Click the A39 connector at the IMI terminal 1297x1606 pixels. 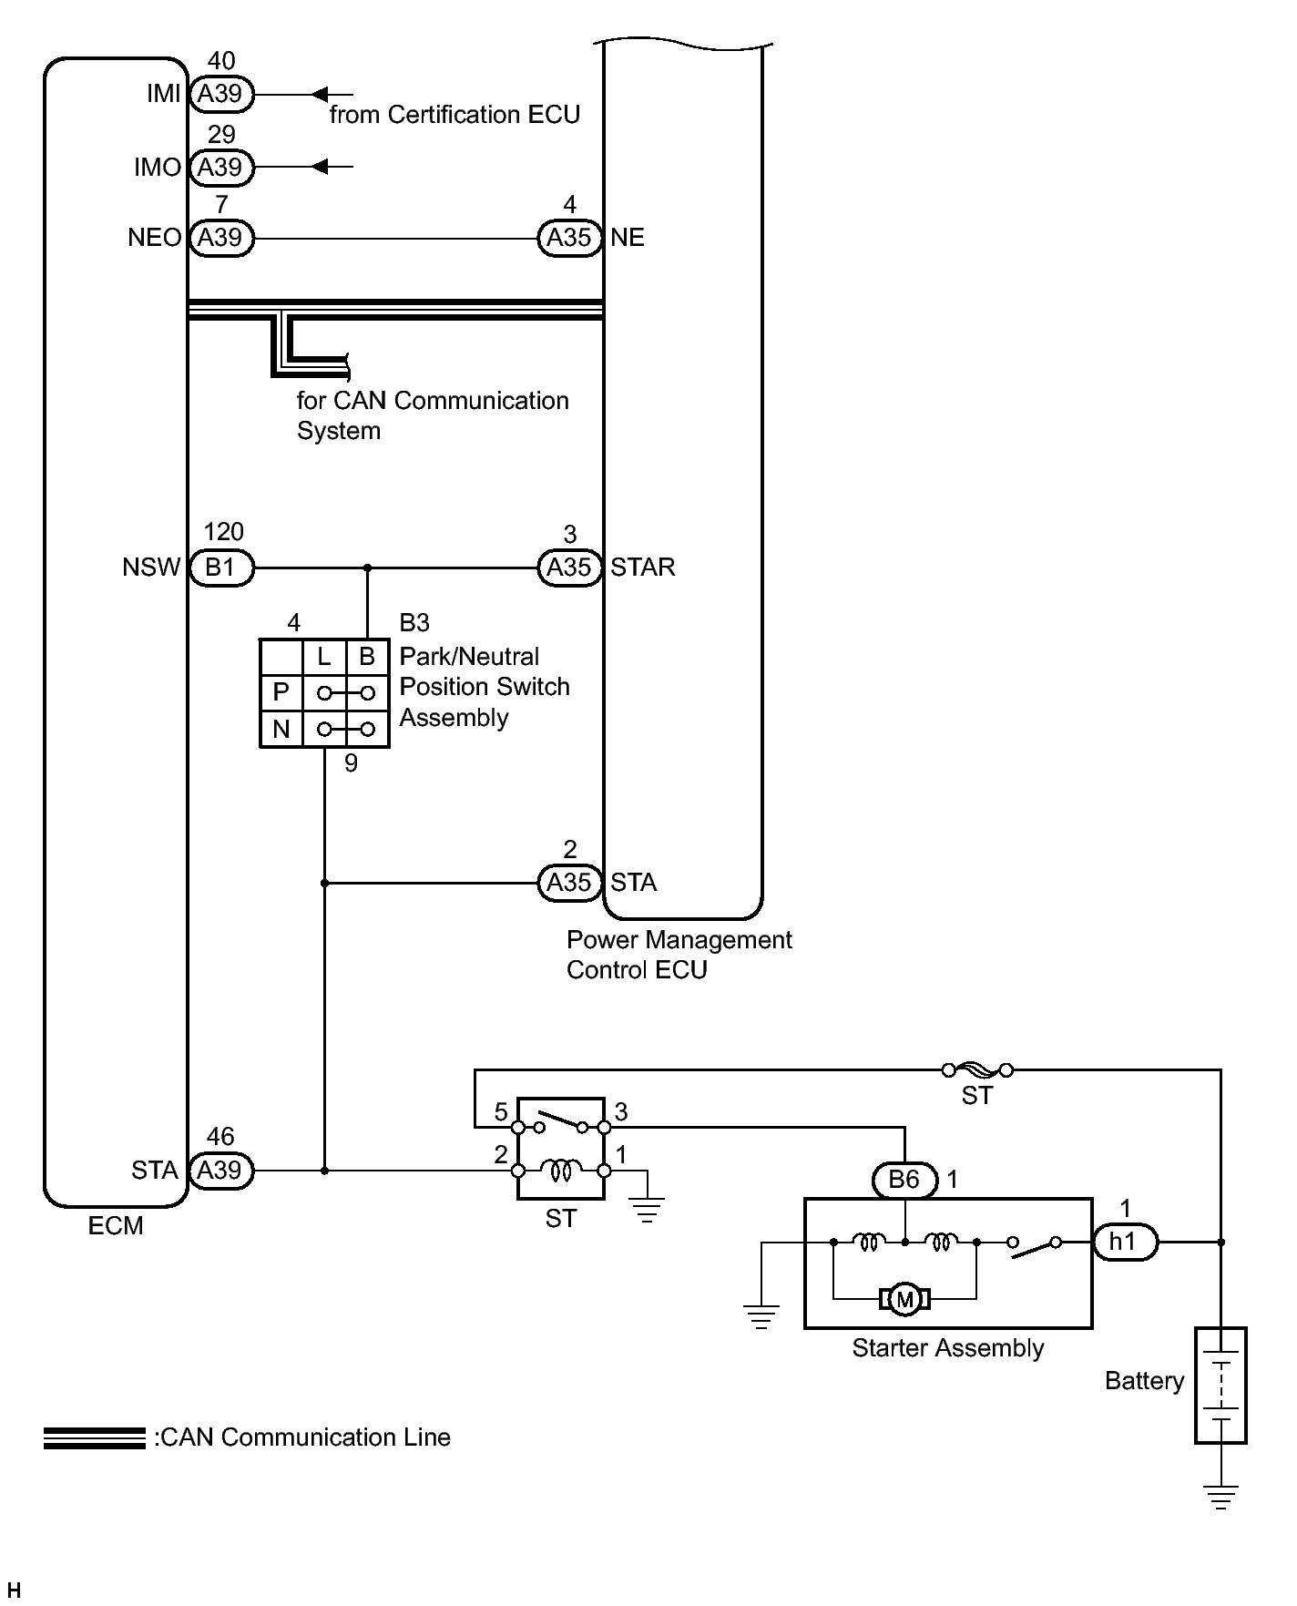pos(220,94)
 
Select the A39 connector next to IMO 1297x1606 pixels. pos(220,168)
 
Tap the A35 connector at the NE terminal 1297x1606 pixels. pos(569,238)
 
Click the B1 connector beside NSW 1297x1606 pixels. pos(220,568)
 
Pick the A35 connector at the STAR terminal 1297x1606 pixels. pos(569,568)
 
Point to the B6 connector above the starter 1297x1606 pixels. pos(904,1180)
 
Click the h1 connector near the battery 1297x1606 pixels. pos(1124,1242)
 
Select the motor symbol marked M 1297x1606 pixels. pos(904,1299)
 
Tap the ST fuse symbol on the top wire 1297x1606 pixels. pos(977,1070)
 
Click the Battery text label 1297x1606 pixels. pos(1144,1381)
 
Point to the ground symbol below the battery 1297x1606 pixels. pos(1220,1498)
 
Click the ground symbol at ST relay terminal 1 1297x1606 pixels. pos(647,1211)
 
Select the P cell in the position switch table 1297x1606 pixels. pos(281,693)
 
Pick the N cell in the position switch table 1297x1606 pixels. pos(281,729)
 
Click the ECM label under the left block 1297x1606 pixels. pos(116,1226)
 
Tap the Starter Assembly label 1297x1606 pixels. pos(947,1348)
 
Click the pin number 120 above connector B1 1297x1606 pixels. pos(223,532)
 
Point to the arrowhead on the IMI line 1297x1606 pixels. pos(320,94)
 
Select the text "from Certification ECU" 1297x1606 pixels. pos(454,115)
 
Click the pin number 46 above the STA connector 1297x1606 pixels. pos(220,1137)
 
